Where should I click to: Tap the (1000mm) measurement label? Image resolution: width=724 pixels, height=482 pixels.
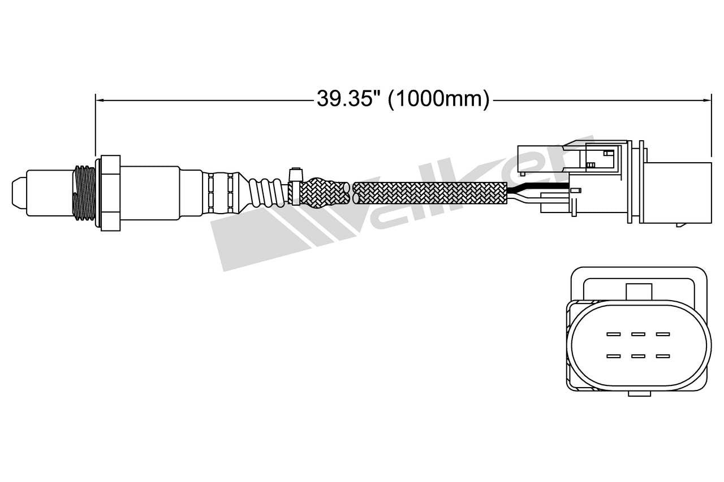point(438,99)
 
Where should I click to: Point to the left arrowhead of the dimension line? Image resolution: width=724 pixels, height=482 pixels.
point(99,101)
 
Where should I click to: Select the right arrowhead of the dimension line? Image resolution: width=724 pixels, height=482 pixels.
point(707,101)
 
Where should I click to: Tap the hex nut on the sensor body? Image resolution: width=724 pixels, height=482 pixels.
point(109,192)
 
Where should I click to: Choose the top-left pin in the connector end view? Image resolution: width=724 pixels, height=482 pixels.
point(613,334)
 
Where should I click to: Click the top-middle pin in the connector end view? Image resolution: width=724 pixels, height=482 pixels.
point(638,334)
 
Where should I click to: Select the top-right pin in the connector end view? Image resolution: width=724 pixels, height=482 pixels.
point(663,334)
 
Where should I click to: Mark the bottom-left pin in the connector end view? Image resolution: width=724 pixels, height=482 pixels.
point(613,356)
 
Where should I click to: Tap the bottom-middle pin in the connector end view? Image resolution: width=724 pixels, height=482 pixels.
point(638,356)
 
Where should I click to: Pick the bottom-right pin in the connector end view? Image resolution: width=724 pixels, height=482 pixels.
point(663,356)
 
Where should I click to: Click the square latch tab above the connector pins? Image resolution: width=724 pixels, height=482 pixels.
point(639,291)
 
